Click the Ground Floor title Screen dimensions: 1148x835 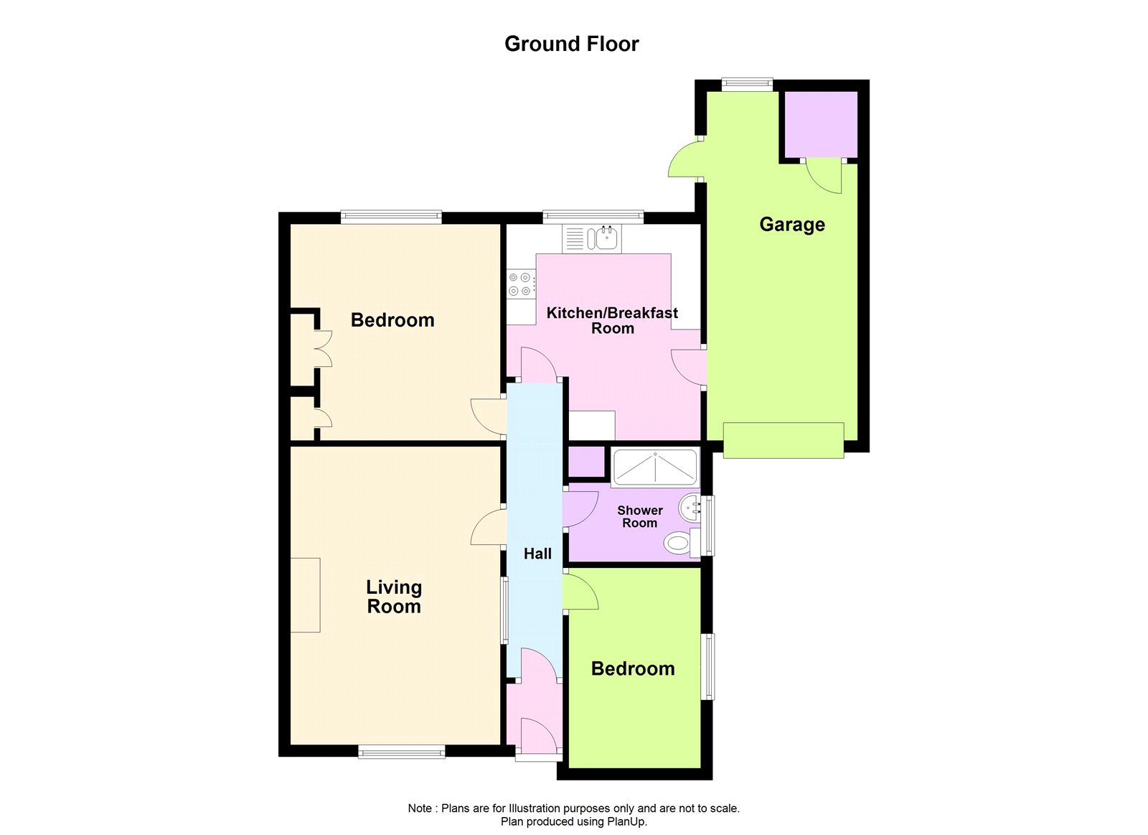coord(571,44)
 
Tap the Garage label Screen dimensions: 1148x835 coord(792,225)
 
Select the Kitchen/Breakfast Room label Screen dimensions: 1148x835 coord(612,320)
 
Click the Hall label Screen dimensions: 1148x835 coord(537,554)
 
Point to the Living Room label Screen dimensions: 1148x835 coord(394,597)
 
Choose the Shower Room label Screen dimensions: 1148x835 coord(639,516)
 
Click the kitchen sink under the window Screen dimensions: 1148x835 coord(592,238)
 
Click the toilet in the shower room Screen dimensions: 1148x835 coord(682,542)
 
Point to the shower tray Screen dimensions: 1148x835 coord(655,467)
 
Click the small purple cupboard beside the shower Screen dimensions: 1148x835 coord(585,462)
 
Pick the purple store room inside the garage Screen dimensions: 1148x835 coord(822,125)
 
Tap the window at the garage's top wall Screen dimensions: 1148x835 coord(747,83)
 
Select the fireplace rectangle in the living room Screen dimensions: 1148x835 coord(305,595)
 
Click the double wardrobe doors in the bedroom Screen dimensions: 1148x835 coord(323,349)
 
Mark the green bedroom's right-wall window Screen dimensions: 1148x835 coord(707,666)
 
